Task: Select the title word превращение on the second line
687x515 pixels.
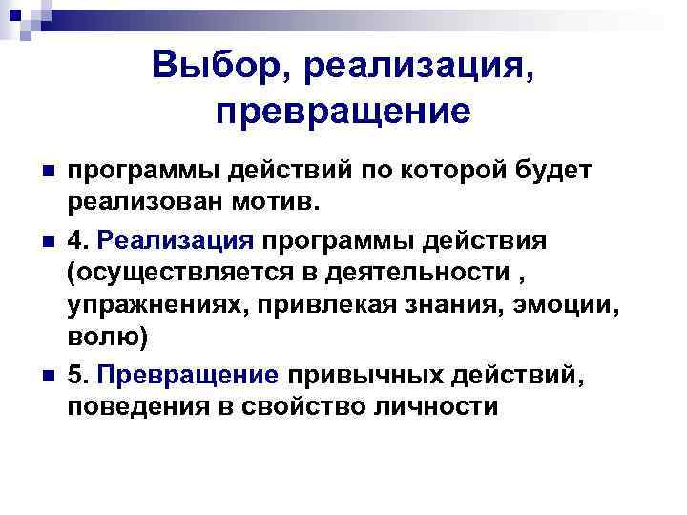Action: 343,111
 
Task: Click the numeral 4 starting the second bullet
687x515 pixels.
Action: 74,239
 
